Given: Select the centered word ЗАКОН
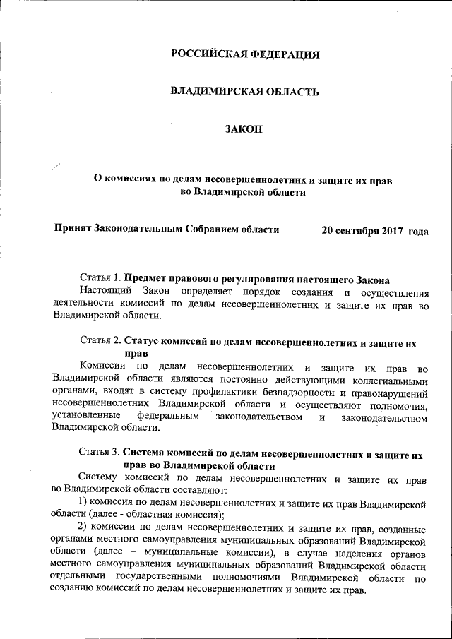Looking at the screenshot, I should [x=244, y=129].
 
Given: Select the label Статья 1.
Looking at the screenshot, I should [x=102, y=279].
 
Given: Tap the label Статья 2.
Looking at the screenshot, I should [x=102, y=343].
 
